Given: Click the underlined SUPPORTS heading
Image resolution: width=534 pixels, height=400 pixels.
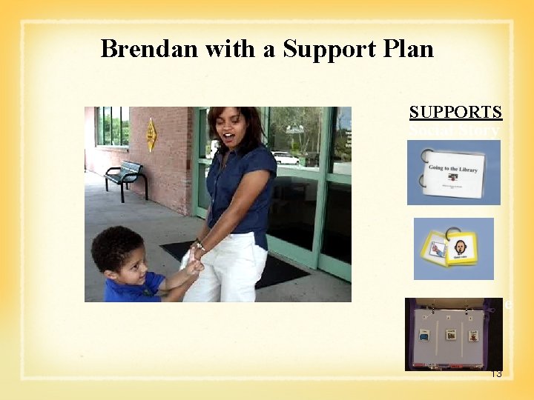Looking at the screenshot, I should (x=455, y=112).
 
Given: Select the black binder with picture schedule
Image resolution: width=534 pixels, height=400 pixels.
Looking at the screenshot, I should (x=453, y=333).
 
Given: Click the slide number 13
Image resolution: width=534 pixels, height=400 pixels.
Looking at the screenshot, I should (x=496, y=374).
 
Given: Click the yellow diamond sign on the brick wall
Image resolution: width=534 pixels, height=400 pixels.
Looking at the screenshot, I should (x=151, y=135).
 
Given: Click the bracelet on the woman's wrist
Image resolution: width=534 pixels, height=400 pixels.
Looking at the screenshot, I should (x=198, y=245).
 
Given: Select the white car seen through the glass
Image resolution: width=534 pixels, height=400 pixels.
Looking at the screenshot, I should (x=285, y=158).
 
